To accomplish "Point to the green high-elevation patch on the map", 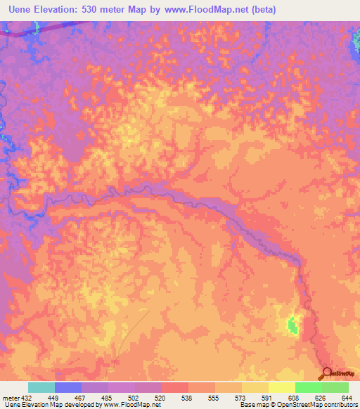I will click(292, 325).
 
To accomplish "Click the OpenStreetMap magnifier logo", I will click(326, 374).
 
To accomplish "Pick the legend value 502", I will click(134, 398).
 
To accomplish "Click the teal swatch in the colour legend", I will click(41, 387).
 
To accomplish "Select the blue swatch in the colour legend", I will click(68, 387).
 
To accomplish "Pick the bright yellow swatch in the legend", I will click(282, 387).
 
